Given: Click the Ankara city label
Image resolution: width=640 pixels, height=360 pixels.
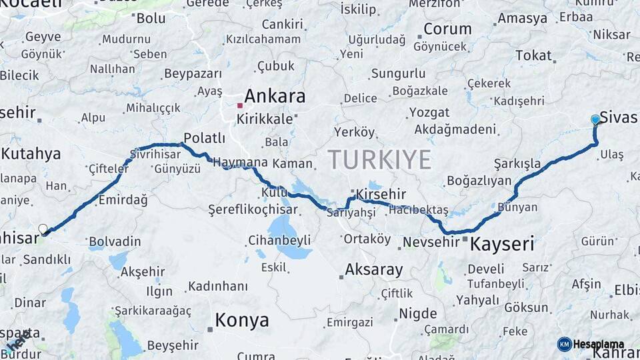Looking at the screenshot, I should pyautogui.click(x=275, y=96).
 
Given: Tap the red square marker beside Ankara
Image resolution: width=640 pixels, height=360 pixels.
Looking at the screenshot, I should pyautogui.click(x=240, y=105).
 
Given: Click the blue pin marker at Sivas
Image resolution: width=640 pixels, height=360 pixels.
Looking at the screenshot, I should pyautogui.click(x=595, y=120).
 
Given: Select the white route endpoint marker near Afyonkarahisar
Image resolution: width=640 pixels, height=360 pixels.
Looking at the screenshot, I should pyautogui.click(x=43, y=229).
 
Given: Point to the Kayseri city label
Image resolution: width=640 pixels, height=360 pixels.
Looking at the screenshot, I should pyautogui.click(x=502, y=244).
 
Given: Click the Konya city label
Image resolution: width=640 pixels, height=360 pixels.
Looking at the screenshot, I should pyautogui.click(x=242, y=321).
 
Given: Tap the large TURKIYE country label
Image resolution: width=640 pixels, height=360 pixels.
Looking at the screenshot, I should pyautogui.click(x=379, y=160).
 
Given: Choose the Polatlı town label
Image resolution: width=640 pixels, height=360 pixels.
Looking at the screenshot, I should pyautogui.click(x=204, y=138).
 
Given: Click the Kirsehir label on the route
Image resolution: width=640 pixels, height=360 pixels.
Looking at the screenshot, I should pyautogui.click(x=381, y=193).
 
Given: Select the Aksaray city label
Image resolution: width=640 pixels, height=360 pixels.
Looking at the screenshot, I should pyautogui.click(x=374, y=270).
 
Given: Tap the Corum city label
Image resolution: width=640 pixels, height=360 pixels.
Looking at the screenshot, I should pyautogui.click(x=447, y=29).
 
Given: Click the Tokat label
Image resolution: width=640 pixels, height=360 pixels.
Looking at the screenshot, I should pyautogui.click(x=533, y=55).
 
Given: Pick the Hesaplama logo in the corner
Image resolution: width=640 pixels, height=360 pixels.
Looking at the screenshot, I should pyautogui.click(x=591, y=344).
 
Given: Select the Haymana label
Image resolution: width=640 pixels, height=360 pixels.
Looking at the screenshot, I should pyautogui.click(x=240, y=161).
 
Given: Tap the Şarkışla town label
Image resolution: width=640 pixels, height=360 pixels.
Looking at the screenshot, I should pyautogui.click(x=517, y=163).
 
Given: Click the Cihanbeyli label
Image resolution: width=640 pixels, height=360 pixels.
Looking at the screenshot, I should pyautogui.click(x=279, y=239).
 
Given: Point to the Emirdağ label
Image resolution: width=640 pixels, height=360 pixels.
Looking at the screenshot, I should pyautogui.click(x=123, y=200).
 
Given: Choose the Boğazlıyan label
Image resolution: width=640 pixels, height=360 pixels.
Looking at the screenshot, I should pyautogui.click(x=479, y=181).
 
